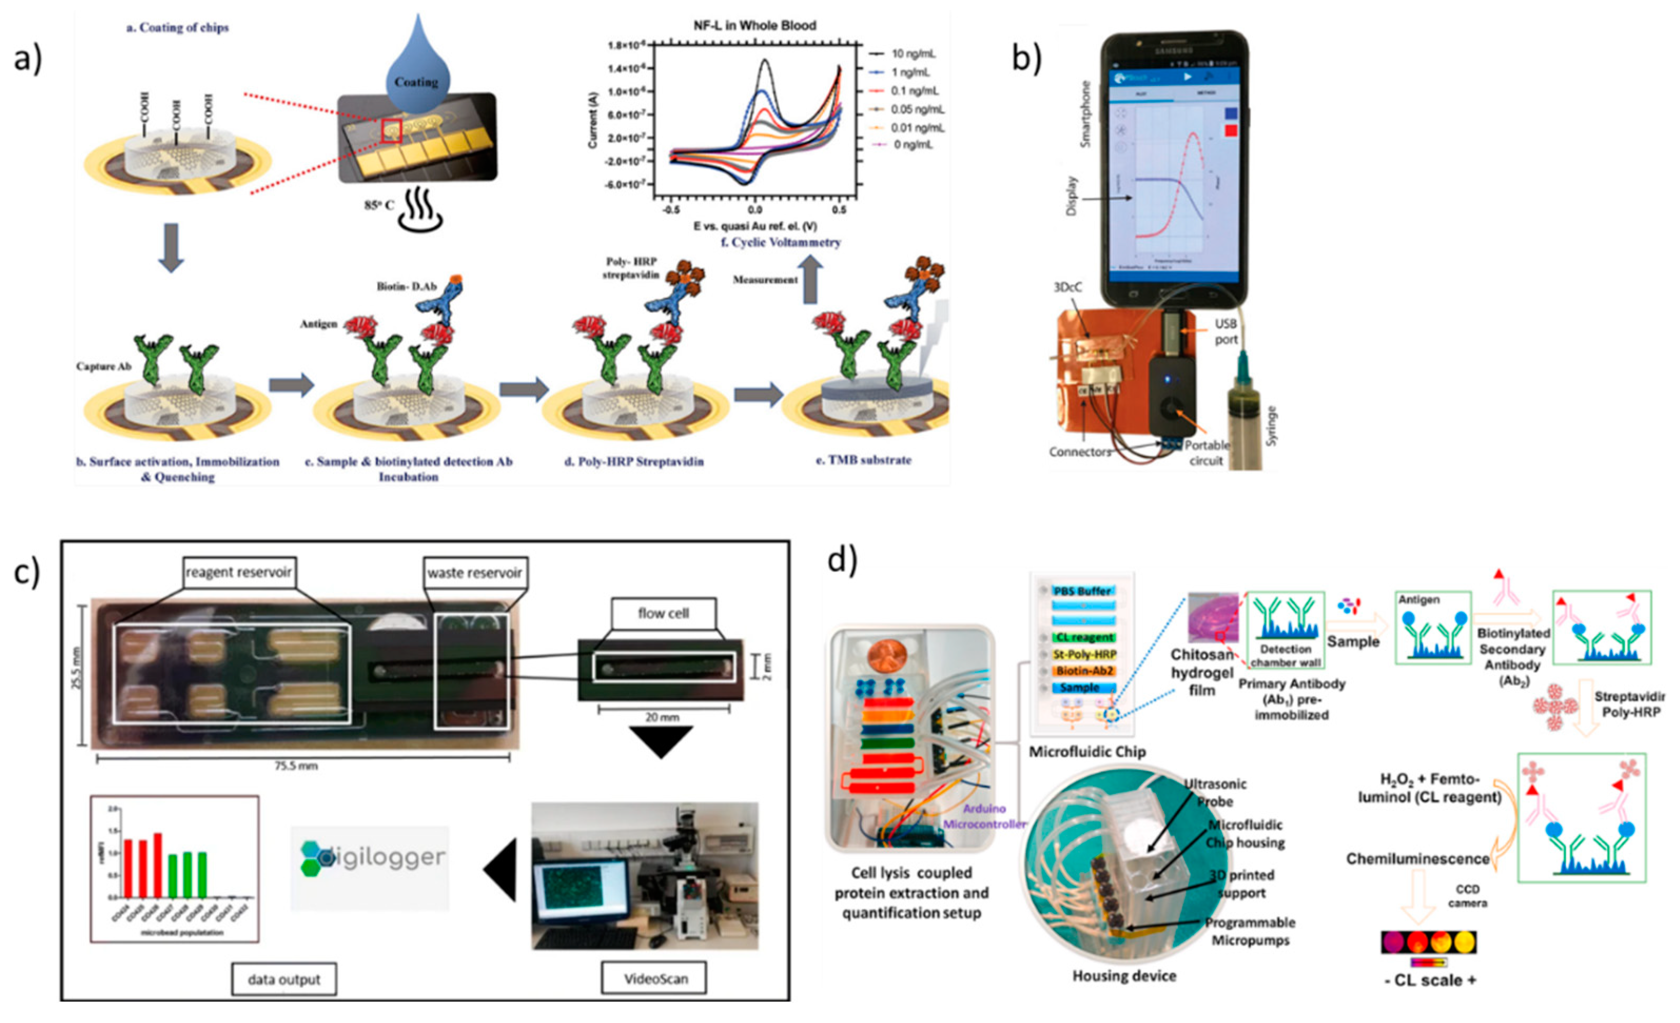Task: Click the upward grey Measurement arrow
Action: pyautogui.click(x=811, y=279)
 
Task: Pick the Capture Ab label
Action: pyautogui.click(x=104, y=367)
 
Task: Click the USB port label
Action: pyautogui.click(x=1225, y=331)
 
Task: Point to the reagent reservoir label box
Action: pyautogui.click(x=239, y=572)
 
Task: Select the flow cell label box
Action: pyautogui.click(x=663, y=614)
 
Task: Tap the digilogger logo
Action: pyautogui.click(x=371, y=859)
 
